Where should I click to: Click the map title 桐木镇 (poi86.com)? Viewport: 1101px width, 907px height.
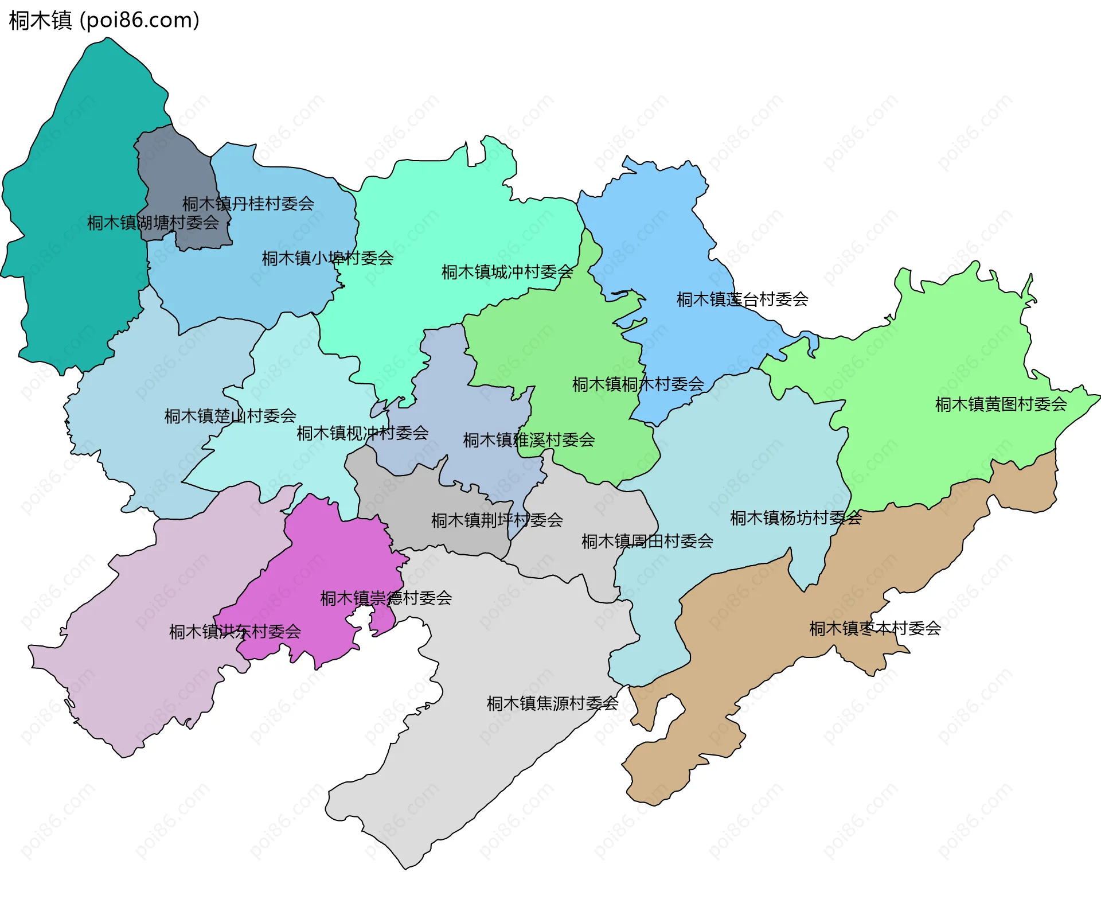click(x=104, y=21)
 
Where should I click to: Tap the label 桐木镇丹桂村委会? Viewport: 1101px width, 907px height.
click(x=248, y=204)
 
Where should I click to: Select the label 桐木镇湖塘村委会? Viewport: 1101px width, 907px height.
click(x=153, y=223)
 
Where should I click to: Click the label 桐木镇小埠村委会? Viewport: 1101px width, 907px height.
click(x=327, y=258)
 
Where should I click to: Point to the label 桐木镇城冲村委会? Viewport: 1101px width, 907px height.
click(x=507, y=272)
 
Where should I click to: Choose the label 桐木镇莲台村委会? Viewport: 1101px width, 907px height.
click(x=742, y=299)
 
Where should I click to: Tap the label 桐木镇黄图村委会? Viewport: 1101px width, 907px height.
click(x=1001, y=404)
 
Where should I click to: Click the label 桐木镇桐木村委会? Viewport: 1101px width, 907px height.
click(x=638, y=384)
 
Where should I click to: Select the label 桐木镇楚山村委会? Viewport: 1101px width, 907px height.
click(x=230, y=416)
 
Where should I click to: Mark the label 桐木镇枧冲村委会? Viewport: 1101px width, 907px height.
click(x=362, y=433)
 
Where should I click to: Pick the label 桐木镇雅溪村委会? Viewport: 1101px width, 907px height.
click(x=529, y=440)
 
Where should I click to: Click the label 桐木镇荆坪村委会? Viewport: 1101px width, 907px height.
click(x=497, y=520)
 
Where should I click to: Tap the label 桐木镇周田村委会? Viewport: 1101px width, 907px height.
click(x=647, y=541)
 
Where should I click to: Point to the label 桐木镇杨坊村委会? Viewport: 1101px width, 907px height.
click(x=795, y=518)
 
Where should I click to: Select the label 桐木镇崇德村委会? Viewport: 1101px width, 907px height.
click(x=386, y=598)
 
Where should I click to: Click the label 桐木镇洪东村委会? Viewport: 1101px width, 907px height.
click(x=235, y=632)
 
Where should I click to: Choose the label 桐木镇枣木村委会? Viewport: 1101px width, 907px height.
click(x=874, y=629)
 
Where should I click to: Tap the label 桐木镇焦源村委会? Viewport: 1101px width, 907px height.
click(x=552, y=703)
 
